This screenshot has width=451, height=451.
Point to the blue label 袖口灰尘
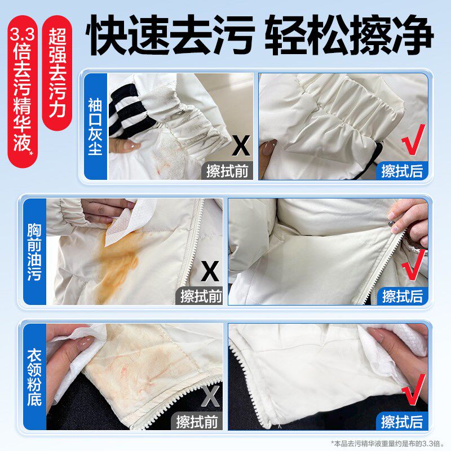click(95, 127)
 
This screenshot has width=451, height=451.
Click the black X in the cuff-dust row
click(241, 146)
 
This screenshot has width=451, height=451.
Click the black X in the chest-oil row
click(210, 273)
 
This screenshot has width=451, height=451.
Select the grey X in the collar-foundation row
click(210, 397)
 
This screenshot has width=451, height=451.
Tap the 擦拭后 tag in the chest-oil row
click(403, 295)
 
